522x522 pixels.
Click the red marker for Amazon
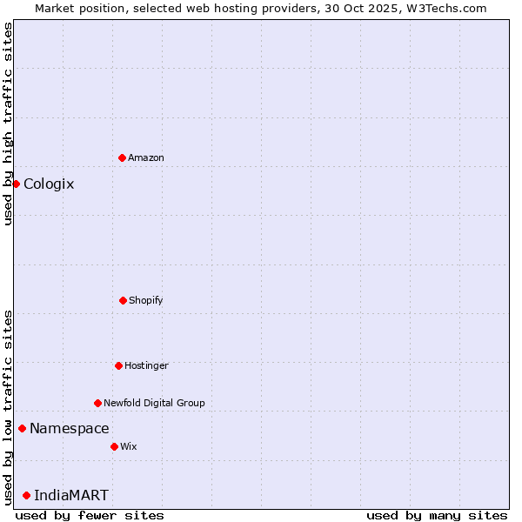point(122,157)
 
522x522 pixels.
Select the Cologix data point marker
point(16,184)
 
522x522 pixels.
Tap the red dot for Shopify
point(123,300)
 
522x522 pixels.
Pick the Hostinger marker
point(118,365)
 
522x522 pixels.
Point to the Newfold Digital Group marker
point(97,403)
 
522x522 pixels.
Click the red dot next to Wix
point(114,446)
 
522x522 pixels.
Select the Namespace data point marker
point(22,428)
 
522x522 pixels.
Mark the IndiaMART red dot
point(26,495)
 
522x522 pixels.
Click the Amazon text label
point(146,157)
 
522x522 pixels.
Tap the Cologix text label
point(49,184)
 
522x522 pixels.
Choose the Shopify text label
point(146,300)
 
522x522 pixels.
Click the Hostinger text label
point(146,365)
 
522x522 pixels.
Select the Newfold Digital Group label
point(154,403)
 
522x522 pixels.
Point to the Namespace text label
point(70,428)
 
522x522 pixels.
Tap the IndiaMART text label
point(71,495)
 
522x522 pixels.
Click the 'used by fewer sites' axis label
point(90,515)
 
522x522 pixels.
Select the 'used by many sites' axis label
point(437,515)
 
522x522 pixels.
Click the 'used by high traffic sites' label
point(8,124)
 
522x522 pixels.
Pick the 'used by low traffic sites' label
point(8,407)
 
